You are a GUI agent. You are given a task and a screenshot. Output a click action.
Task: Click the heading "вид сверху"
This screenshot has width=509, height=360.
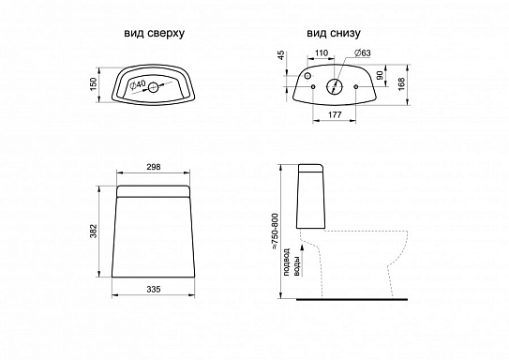tap(154, 34)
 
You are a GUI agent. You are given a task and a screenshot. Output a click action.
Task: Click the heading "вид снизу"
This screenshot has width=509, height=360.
tap(334, 33)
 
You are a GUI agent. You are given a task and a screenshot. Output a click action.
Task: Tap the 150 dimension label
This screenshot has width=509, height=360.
tap(94, 84)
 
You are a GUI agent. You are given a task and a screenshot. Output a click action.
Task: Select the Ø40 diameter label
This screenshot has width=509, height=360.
tap(137, 85)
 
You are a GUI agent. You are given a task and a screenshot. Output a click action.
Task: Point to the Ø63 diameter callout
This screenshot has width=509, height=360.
tap(363, 52)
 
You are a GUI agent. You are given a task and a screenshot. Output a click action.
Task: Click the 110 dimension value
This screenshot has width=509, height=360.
tap(322, 52)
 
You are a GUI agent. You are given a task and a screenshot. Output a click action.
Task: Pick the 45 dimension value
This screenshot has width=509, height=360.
tap(281, 55)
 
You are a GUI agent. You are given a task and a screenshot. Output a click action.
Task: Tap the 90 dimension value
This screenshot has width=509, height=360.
tap(380, 76)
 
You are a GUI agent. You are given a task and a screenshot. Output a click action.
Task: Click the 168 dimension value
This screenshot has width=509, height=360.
tap(401, 84)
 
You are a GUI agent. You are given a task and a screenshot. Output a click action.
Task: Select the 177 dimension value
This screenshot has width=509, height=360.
tap(335, 114)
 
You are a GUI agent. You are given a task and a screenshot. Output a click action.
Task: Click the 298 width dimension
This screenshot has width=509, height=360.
tap(154, 167)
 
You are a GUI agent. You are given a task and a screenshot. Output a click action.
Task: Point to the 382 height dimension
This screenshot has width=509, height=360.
tap(94, 231)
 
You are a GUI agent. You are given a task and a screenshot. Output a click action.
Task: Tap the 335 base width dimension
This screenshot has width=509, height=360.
tap(154, 289)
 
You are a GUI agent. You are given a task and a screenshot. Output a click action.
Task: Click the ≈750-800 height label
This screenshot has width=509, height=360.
tap(276, 232)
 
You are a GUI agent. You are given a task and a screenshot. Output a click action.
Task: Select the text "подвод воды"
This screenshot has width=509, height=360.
tap(292, 262)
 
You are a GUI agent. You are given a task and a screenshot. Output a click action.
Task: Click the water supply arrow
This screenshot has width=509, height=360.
tap(303, 261)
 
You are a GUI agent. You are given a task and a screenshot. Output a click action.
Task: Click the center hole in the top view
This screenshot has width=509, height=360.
tap(153, 87)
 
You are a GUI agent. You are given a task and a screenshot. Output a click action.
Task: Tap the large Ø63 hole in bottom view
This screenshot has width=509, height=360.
tap(335, 86)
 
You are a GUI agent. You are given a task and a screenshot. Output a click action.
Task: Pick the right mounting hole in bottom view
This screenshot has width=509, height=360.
tap(356, 86)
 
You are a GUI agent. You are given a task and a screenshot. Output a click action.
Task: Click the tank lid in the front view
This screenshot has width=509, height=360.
tap(153, 191)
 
